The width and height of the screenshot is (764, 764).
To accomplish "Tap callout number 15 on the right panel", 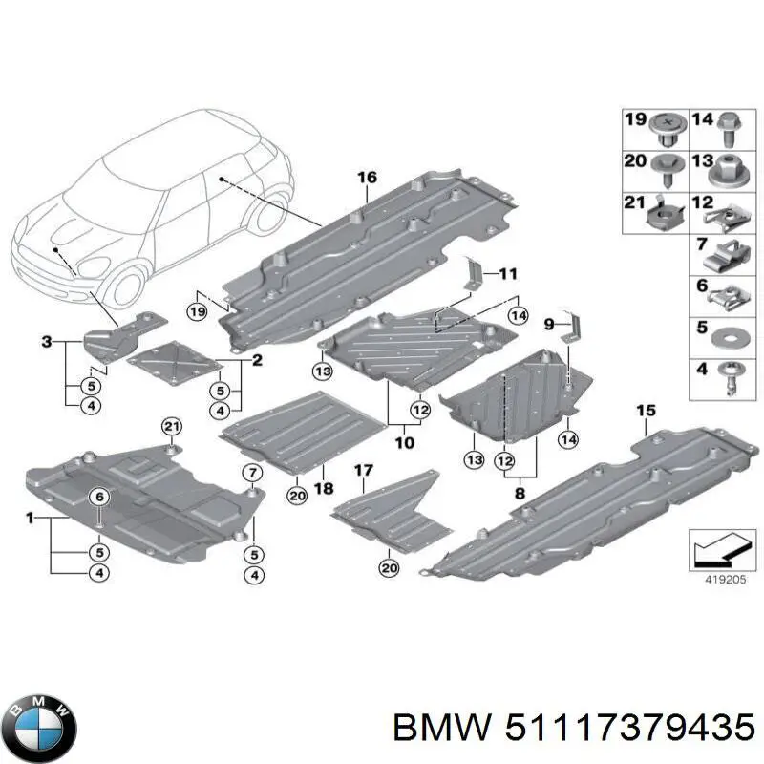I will click(x=646, y=411).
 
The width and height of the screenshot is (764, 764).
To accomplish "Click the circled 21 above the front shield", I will click(x=171, y=426).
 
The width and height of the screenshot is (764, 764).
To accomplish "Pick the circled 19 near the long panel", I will click(x=198, y=312).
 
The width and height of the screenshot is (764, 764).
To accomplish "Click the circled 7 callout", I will click(x=252, y=473).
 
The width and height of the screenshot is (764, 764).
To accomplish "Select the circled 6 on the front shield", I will click(x=98, y=496).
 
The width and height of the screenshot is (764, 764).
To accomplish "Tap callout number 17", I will click(x=364, y=470).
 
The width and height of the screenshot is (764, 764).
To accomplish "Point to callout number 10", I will click(x=405, y=443).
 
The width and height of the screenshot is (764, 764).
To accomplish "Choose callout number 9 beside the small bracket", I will click(x=549, y=325).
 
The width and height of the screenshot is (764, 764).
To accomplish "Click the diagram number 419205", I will click(x=713, y=578).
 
